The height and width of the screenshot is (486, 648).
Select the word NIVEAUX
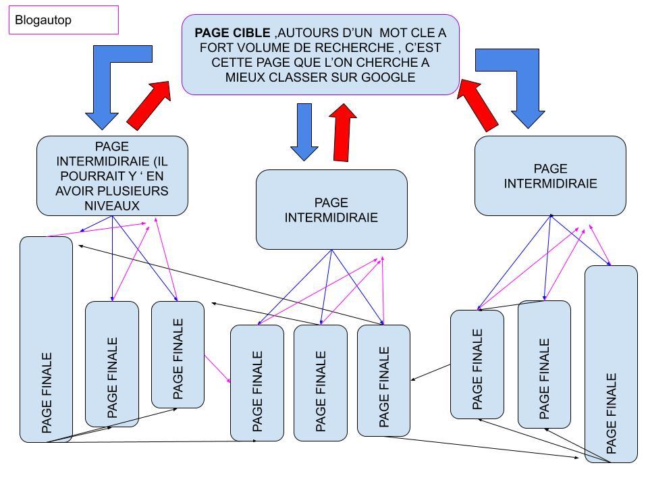pos(112,205)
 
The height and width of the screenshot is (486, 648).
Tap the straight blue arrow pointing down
pos(304,132)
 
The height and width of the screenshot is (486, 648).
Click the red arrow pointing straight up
pos(344,133)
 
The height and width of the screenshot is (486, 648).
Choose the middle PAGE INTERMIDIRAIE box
pos(331,209)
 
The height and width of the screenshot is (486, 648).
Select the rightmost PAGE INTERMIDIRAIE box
pos(550,175)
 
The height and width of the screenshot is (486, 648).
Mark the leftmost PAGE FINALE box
pos(46,337)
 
